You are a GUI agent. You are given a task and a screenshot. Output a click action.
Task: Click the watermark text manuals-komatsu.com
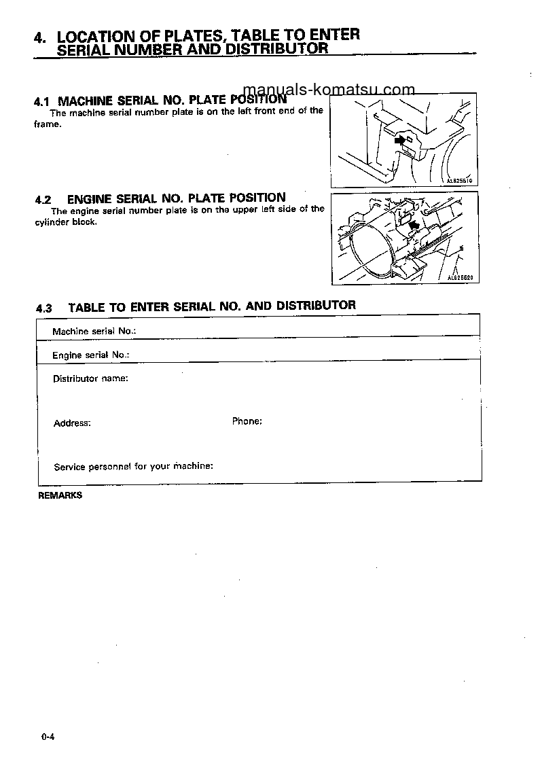point(328,90)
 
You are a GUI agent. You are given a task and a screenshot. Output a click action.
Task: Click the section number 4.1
point(41,101)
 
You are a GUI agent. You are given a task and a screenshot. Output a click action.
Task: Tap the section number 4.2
point(43,200)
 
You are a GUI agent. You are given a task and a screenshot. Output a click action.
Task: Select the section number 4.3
point(43,308)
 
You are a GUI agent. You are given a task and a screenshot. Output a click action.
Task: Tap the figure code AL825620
point(459,277)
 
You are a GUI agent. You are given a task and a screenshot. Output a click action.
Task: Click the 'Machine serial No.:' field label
point(94,331)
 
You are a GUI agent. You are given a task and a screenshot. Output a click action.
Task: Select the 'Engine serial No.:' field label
point(90,355)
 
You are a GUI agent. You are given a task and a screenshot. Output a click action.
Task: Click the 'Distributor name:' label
point(90,378)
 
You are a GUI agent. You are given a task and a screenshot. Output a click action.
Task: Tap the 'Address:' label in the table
point(72,423)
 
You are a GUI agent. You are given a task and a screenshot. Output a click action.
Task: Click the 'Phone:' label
point(247,421)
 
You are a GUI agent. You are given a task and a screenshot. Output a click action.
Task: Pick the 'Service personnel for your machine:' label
point(134,467)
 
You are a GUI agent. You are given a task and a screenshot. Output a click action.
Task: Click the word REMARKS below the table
point(60,495)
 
